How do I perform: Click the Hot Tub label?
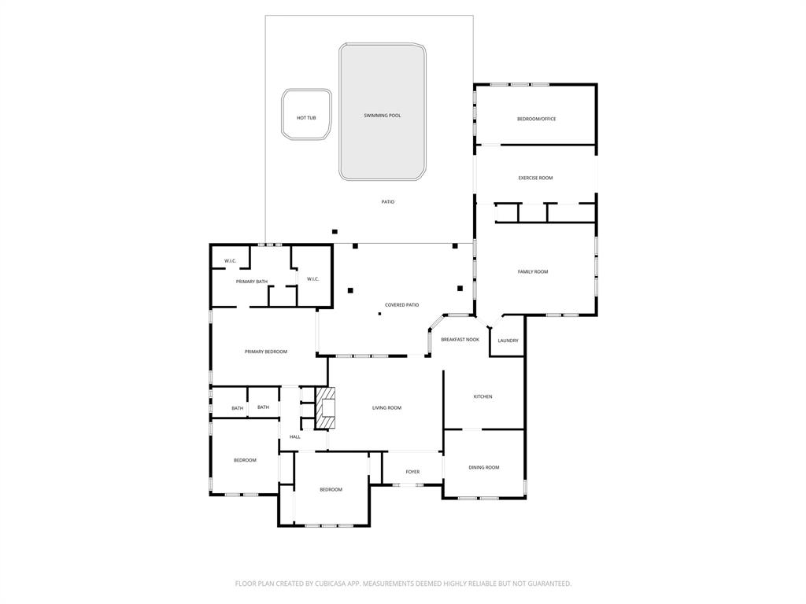coord(306,118)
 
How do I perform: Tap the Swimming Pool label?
coord(382,116)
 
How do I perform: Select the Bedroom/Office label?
coord(536,119)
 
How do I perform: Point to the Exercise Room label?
coord(535,178)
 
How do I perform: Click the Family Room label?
coord(533,272)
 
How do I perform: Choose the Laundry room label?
coord(508,341)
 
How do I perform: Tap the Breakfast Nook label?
coord(460,340)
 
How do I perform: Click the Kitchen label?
coord(482,396)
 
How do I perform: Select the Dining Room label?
coord(484,468)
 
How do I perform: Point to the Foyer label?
coord(412,472)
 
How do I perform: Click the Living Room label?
coord(386,407)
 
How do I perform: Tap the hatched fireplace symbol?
coord(326,407)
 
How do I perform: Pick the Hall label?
coord(295,437)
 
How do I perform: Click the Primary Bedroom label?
coord(265,352)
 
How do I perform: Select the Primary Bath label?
coord(252,282)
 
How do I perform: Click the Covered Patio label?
coord(401,305)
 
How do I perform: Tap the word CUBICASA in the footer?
coord(332,584)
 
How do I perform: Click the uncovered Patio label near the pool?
coord(388,202)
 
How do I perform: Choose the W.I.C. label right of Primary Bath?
coord(312,278)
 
